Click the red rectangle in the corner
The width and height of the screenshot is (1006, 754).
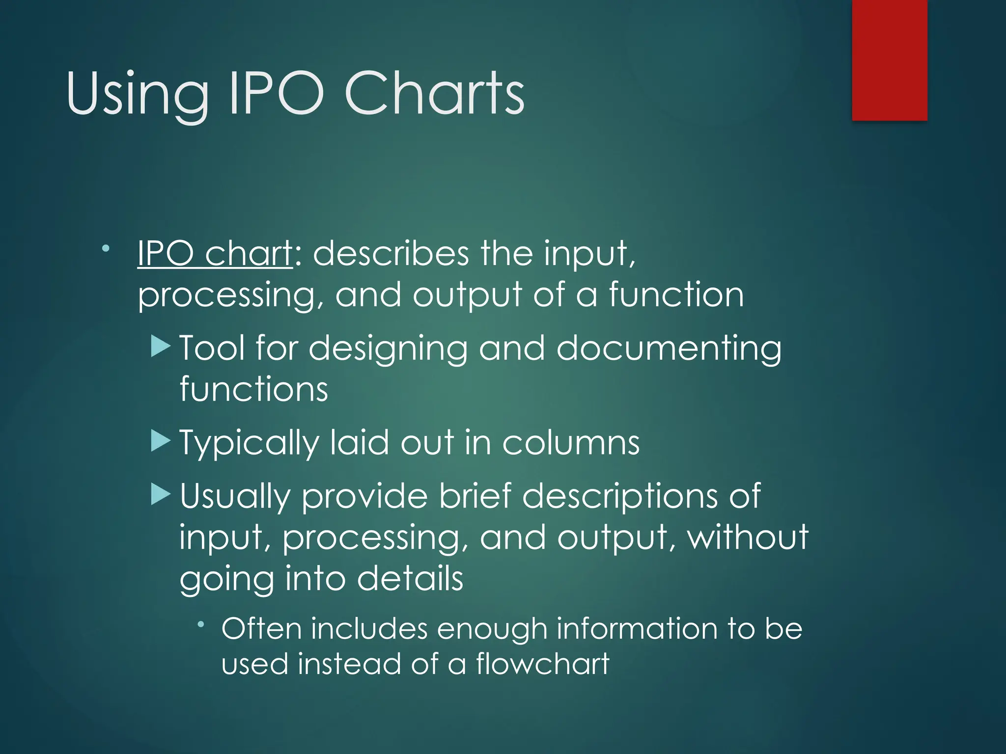click(889, 60)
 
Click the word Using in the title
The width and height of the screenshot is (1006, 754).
click(137, 95)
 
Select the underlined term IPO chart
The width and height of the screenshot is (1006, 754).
click(215, 254)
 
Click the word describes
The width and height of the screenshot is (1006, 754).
click(391, 254)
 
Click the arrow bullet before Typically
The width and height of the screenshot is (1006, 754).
click(161, 440)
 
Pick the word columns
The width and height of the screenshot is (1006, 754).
click(571, 443)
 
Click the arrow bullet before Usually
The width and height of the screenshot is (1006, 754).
click(161, 494)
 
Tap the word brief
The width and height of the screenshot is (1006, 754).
click(475, 495)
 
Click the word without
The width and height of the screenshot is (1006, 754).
click(748, 537)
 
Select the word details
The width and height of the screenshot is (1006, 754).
click(410, 578)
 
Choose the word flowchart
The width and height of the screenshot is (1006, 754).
click(542, 664)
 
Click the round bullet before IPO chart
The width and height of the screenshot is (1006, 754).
click(106, 249)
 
